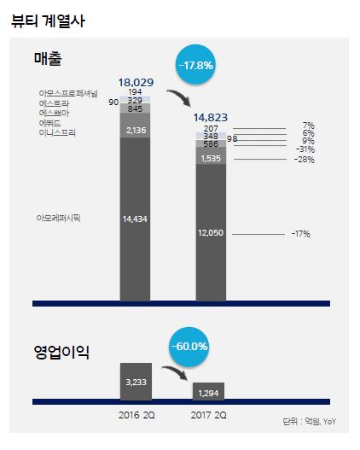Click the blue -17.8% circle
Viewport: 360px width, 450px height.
pos(195,65)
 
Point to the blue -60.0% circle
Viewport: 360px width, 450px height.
pos(189,348)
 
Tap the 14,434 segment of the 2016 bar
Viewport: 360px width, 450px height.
pos(136,219)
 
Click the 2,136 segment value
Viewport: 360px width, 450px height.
pos(136,130)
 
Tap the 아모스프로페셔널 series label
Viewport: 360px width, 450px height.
pos(68,92)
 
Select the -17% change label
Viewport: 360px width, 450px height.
pos(299,233)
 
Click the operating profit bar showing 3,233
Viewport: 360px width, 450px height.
pos(136,381)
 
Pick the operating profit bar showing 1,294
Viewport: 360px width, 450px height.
pos(209,391)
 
